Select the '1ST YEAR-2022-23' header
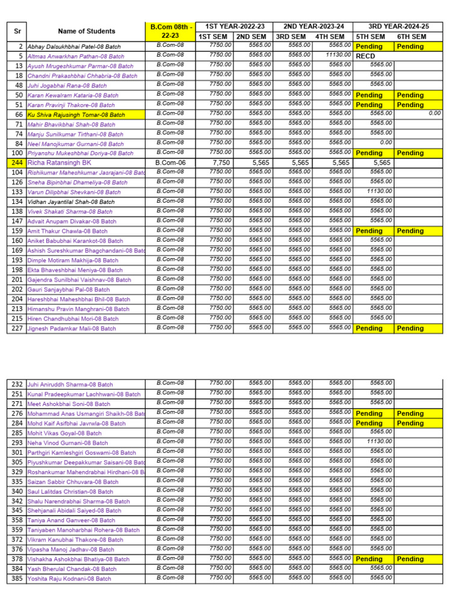(x=233, y=26)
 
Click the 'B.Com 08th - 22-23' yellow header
(x=170, y=31)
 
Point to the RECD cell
(x=366, y=56)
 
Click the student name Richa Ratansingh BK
(x=60, y=162)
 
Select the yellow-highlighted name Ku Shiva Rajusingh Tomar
(x=76, y=114)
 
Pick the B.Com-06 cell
(x=170, y=162)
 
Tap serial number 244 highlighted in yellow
(x=17, y=162)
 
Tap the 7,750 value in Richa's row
(x=220, y=162)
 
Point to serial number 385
(x=17, y=579)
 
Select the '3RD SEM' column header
(x=291, y=37)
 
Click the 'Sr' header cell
(x=17, y=31)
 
